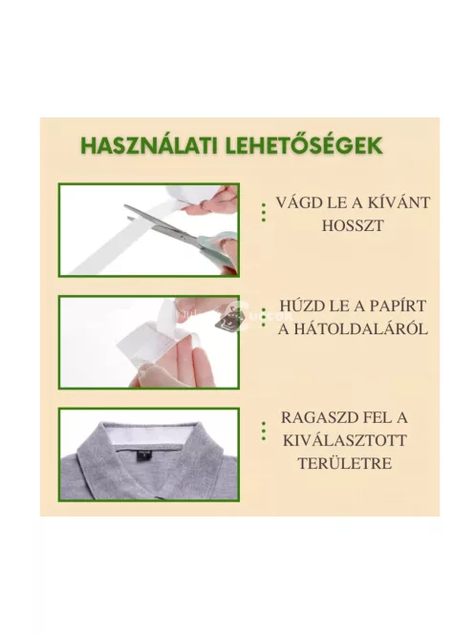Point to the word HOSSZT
(351, 226)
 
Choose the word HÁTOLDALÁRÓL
(353, 329)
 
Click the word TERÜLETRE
(353, 465)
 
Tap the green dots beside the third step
(263, 432)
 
